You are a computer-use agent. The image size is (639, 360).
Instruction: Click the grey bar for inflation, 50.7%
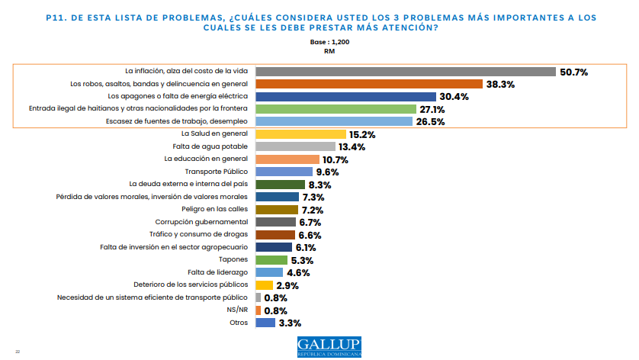click(405, 72)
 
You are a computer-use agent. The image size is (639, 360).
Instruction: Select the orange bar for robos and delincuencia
click(368, 84)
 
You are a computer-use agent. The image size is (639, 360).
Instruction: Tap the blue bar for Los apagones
click(345, 97)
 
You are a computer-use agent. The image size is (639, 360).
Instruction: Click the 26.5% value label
click(431, 122)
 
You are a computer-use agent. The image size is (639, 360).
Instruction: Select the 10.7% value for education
click(335, 159)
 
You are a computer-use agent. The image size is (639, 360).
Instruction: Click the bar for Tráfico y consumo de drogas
click(275, 235)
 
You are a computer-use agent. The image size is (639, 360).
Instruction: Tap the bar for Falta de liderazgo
click(269, 272)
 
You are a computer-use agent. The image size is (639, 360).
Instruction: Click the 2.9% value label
click(287, 285)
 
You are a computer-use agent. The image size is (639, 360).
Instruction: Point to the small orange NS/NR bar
click(258, 310)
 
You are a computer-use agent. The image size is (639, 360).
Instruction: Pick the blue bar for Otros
click(265, 323)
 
